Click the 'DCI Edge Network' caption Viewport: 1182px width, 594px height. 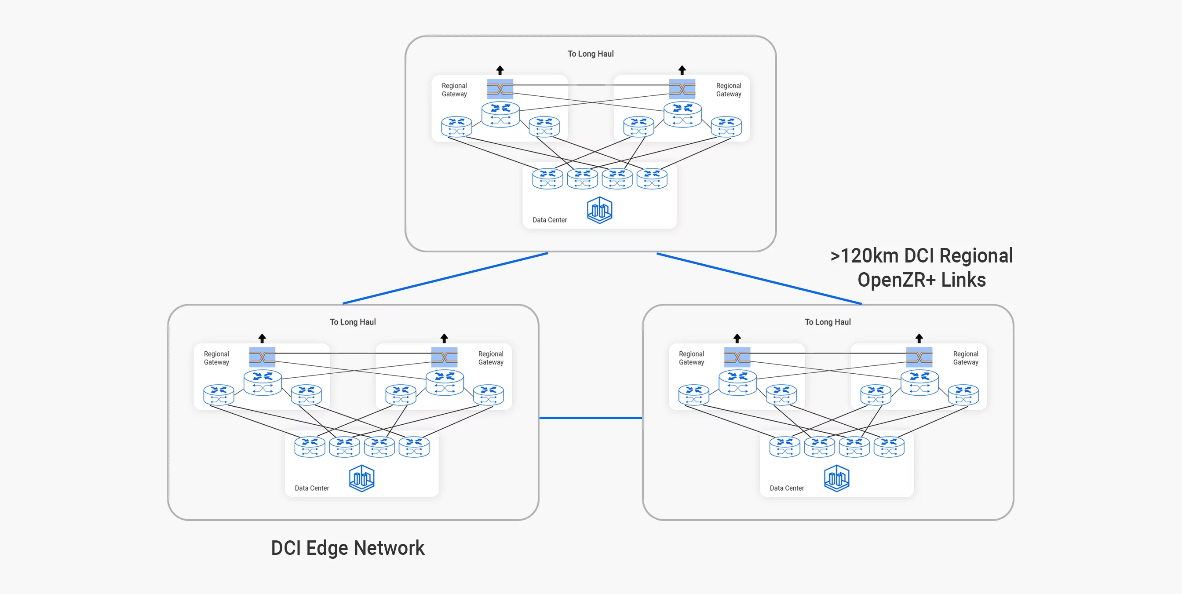[x=347, y=548]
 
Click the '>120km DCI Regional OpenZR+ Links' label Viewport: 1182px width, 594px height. [x=921, y=268]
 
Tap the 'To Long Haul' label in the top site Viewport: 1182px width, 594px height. [x=591, y=54]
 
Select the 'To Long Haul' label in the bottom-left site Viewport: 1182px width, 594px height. [x=352, y=322]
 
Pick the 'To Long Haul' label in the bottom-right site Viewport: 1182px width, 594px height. [x=827, y=322]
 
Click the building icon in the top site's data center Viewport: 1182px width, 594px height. [x=599, y=210]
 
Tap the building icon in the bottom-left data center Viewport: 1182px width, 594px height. [x=361, y=478]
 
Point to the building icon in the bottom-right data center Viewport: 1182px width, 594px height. [x=836, y=478]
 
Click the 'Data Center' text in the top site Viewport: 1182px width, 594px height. [x=549, y=220]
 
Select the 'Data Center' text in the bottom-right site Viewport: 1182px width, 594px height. [x=787, y=488]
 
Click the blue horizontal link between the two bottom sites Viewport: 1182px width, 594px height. [x=591, y=418]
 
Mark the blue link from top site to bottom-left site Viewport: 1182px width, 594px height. [x=445, y=278]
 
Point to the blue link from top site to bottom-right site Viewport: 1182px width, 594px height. [x=759, y=278]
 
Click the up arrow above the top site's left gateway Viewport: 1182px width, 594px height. [x=500, y=70]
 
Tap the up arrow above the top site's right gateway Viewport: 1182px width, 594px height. [x=682, y=70]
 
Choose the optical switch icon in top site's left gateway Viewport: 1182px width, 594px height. [x=500, y=89]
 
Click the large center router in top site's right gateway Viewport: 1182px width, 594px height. [x=682, y=115]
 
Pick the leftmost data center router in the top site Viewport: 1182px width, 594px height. [x=547, y=179]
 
